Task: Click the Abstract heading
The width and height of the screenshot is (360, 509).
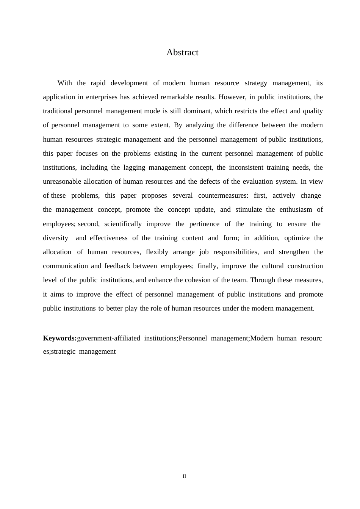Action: pyautogui.click(x=182, y=53)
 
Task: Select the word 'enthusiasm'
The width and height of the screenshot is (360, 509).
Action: pyautogui.click(x=296, y=209)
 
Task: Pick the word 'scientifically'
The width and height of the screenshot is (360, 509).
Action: pyautogui.click(x=123, y=224)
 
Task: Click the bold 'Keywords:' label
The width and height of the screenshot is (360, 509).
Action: pyautogui.click(x=60, y=338)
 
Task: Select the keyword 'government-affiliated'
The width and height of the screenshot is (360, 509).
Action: pyautogui.click(x=108, y=338)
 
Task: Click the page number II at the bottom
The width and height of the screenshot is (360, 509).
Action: pyautogui.click(x=185, y=476)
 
